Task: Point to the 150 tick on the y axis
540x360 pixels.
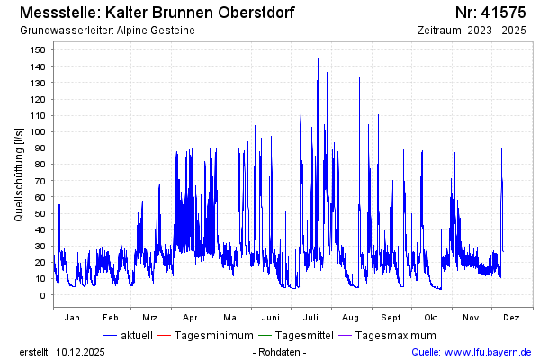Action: pos(39,49)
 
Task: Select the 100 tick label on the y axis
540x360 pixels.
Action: pos(39,131)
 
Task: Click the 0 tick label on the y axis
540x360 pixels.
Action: pos(44,294)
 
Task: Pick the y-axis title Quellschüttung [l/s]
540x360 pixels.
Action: pos(19,174)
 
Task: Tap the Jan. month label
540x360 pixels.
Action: pos(74,317)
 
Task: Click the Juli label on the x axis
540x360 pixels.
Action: pos(311,317)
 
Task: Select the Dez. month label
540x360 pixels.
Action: pos(512,317)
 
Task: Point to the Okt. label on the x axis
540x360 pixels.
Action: pos(432,317)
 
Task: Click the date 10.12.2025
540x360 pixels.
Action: pos(80,352)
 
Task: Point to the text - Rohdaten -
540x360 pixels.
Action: pos(280,352)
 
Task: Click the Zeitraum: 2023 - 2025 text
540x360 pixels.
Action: pos(472,31)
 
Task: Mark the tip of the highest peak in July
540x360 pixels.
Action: pos(318,58)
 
